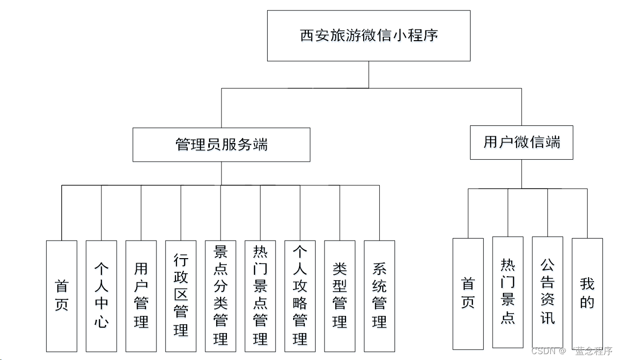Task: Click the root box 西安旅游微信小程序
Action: (x=369, y=36)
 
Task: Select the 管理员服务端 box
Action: (x=221, y=144)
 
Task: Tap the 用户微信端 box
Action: (x=521, y=143)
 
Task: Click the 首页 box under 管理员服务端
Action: (x=62, y=296)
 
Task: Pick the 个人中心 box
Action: (x=101, y=296)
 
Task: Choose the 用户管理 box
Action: (x=141, y=296)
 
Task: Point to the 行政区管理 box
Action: (x=181, y=296)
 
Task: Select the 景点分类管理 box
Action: (x=221, y=296)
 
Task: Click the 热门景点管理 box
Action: (x=260, y=296)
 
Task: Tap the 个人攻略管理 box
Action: (x=300, y=296)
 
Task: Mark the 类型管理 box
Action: (x=340, y=296)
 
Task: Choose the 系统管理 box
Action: (x=379, y=296)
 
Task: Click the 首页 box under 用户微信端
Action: (x=468, y=293)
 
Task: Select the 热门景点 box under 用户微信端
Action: (x=508, y=292)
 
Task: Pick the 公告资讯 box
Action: (x=547, y=292)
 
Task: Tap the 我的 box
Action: (x=587, y=293)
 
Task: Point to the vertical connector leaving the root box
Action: (x=369, y=74)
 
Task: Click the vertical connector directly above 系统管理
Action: (x=379, y=213)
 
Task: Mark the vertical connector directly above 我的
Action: (x=587, y=213)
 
